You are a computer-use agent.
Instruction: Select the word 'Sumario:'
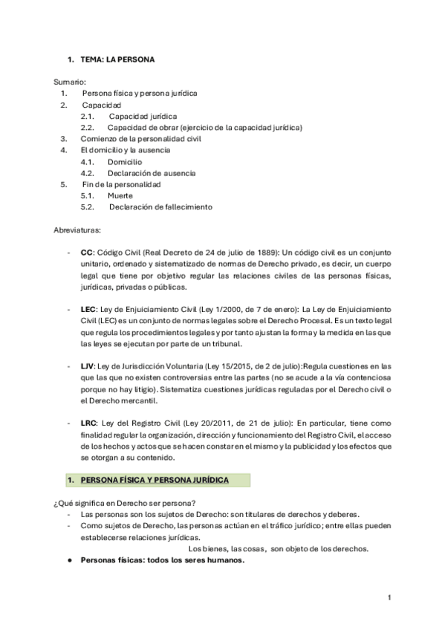[x=71, y=81]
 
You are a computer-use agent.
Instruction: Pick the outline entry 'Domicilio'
[x=125, y=161]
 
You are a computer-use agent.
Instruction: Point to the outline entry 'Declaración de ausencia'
[x=152, y=173]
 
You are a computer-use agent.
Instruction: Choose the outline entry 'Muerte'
[x=120, y=195]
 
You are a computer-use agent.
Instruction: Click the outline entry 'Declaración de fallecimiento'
[x=160, y=207]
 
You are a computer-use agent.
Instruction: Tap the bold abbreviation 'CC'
[x=86, y=253]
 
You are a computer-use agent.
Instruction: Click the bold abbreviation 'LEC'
[x=88, y=309]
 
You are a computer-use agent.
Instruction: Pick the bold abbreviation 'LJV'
[x=88, y=366]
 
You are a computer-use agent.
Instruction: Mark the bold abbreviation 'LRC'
[x=88, y=423]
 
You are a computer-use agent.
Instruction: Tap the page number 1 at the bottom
[x=389, y=597]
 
